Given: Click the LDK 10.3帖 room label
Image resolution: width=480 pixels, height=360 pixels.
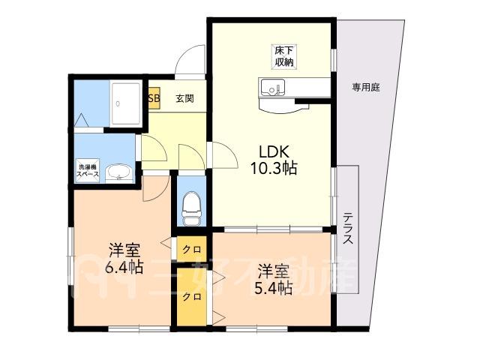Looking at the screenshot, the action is [274, 160].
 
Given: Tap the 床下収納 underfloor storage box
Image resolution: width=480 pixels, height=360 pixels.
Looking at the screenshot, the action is [284, 57].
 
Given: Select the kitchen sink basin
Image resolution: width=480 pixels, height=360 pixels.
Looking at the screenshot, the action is [272, 87].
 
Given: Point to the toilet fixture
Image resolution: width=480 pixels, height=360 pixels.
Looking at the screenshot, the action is [191, 208].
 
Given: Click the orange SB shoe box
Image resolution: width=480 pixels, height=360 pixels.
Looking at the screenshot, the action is [154, 98].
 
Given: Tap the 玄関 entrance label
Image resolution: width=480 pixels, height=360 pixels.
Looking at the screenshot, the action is [185, 98].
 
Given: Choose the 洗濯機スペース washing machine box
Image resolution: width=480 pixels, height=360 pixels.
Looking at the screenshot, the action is [88, 171].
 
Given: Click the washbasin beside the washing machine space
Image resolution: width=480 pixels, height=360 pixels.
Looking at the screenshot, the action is [118, 173].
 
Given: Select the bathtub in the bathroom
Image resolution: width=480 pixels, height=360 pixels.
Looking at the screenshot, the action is [126, 104].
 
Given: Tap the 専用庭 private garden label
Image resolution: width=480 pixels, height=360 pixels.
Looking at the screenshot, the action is [366, 88].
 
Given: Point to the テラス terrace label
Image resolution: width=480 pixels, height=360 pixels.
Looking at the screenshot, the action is [348, 228].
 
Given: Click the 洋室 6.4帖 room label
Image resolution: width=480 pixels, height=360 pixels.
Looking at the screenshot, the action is [124, 259].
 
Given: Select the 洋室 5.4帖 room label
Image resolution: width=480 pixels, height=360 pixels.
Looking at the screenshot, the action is [273, 280].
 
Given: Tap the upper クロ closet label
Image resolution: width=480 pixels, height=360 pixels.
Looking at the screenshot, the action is [192, 250].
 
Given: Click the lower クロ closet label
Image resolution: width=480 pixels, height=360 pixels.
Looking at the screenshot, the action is [192, 297].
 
